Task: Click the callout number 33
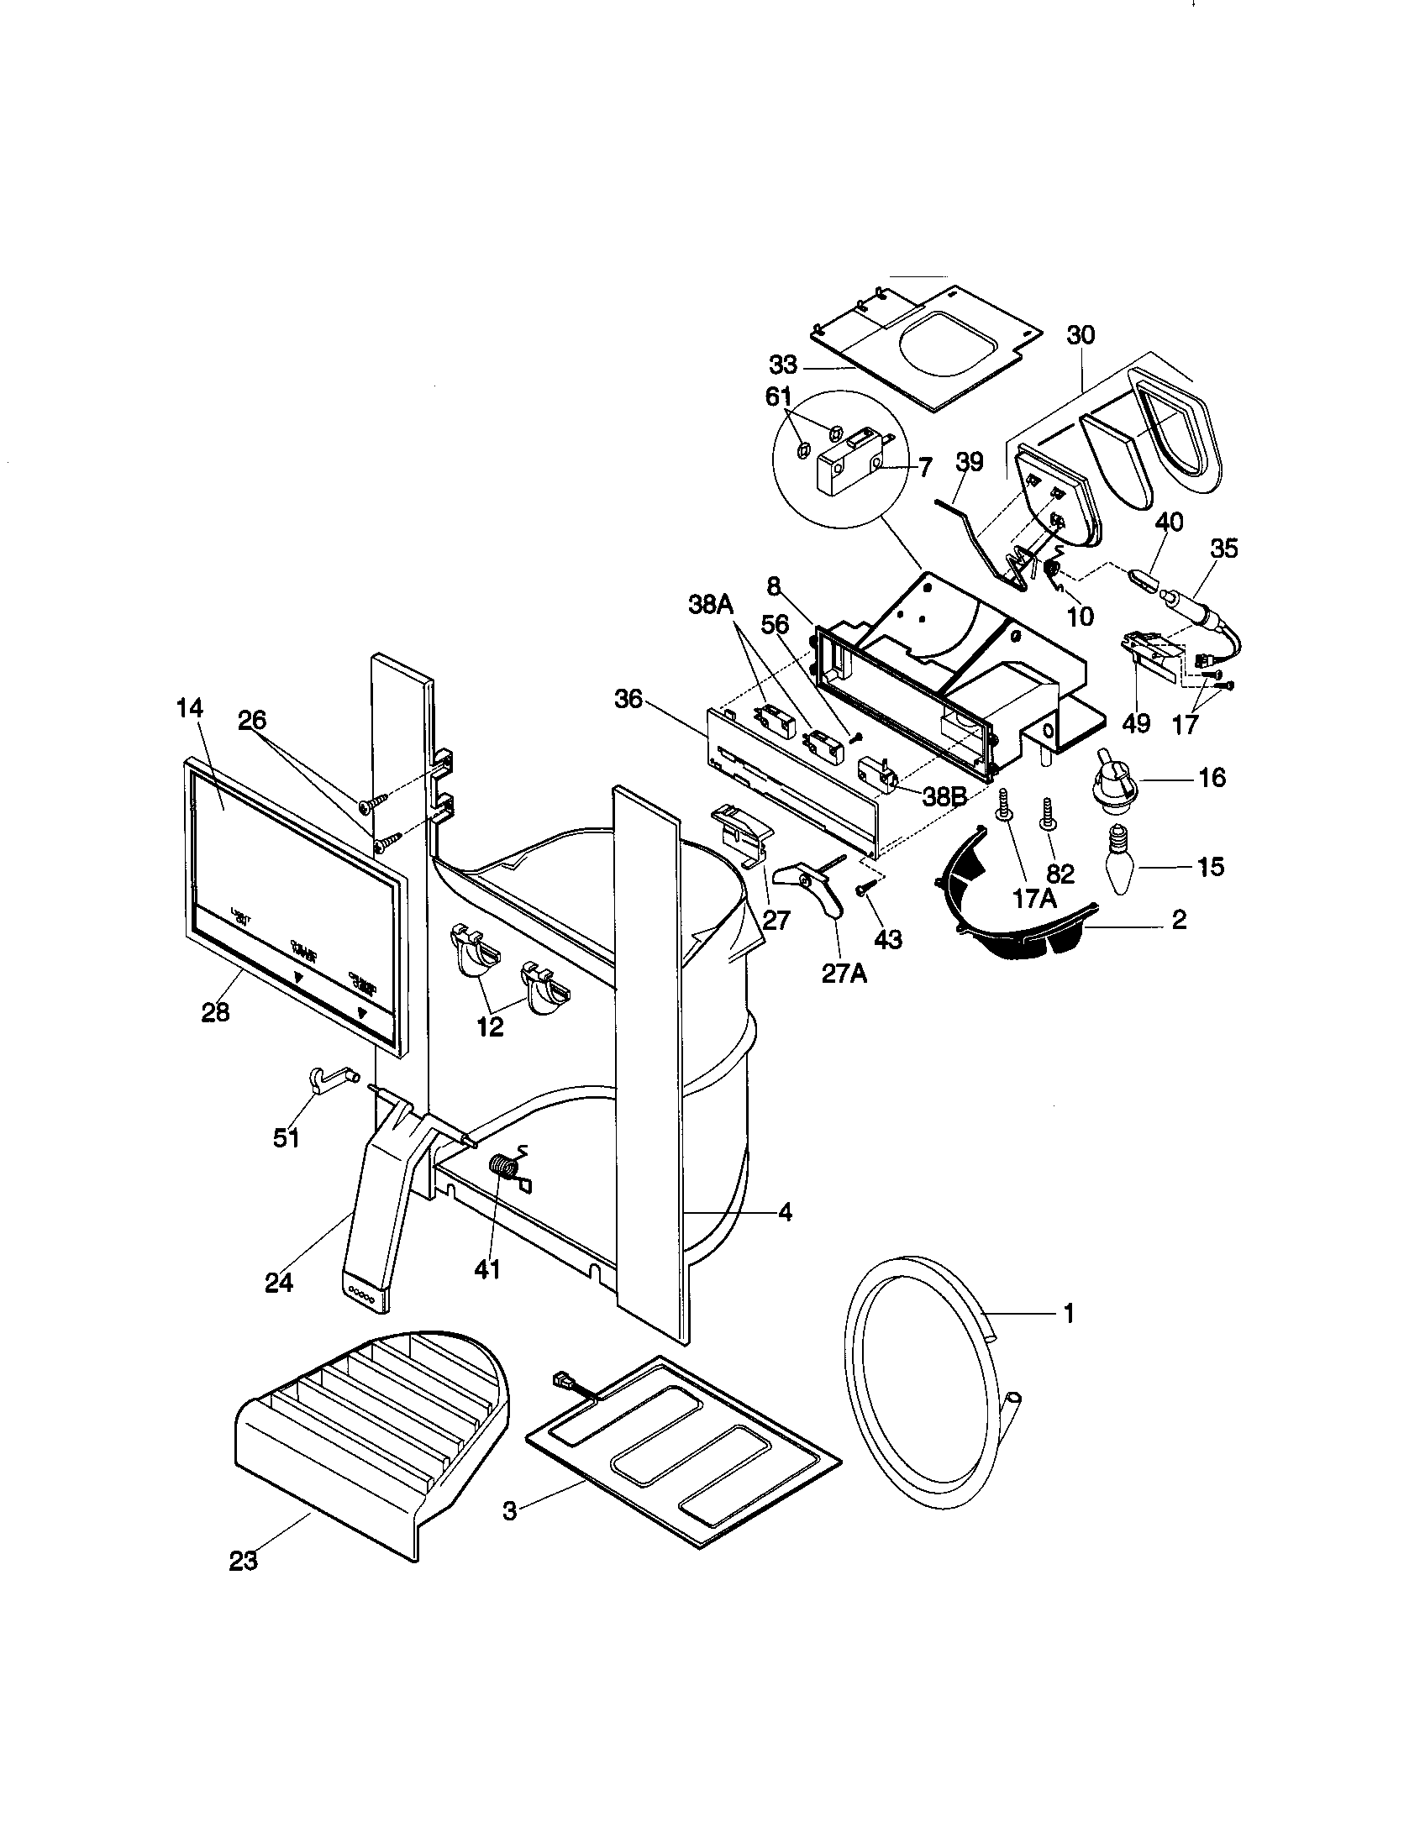(x=784, y=365)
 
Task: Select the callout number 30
(x=1080, y=335)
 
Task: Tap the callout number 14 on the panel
(x=190, y=709)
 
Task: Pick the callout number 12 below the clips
(x=490, y=1026)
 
